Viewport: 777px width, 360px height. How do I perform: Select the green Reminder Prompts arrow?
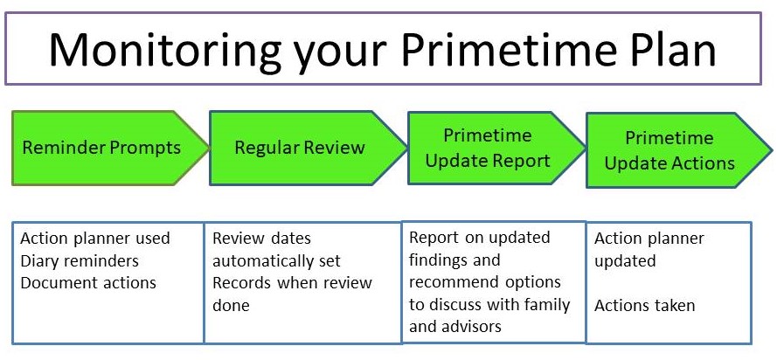(110, 148)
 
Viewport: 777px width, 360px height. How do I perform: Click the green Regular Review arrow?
(309, 148)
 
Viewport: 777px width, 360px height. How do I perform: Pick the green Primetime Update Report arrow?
(496, 148)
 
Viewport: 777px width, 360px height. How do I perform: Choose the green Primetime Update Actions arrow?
(679, 150)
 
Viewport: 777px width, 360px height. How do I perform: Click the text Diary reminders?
(80, 260)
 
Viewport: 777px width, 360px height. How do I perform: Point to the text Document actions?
(88, 283)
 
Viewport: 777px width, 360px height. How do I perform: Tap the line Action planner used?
(95, 239)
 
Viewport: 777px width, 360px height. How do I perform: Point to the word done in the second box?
(231, 305)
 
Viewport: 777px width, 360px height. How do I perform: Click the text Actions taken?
(645, 306)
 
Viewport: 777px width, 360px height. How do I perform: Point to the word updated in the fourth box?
(625, 261)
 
